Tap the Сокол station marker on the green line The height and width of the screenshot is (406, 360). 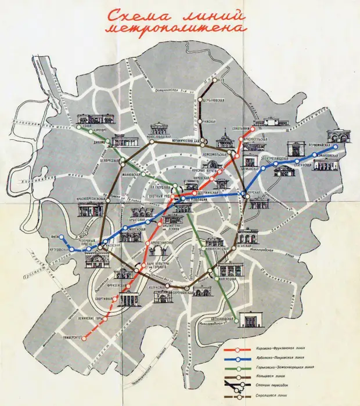point(78,127)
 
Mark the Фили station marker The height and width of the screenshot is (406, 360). point(62,237)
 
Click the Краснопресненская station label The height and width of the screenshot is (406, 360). point(93,198)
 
